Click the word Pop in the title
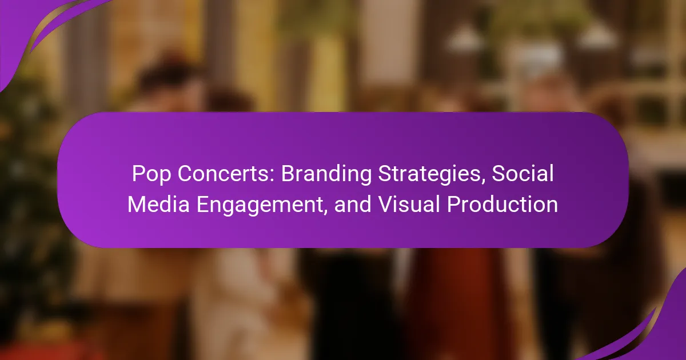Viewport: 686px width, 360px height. (151, 174)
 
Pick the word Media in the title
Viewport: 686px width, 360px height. (159, 204)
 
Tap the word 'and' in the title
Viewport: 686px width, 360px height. (353, 204)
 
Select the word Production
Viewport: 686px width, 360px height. (502, 204)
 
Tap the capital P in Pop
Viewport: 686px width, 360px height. (138, 174)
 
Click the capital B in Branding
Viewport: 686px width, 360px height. (288, 174)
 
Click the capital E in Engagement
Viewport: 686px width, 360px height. (202, 204)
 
